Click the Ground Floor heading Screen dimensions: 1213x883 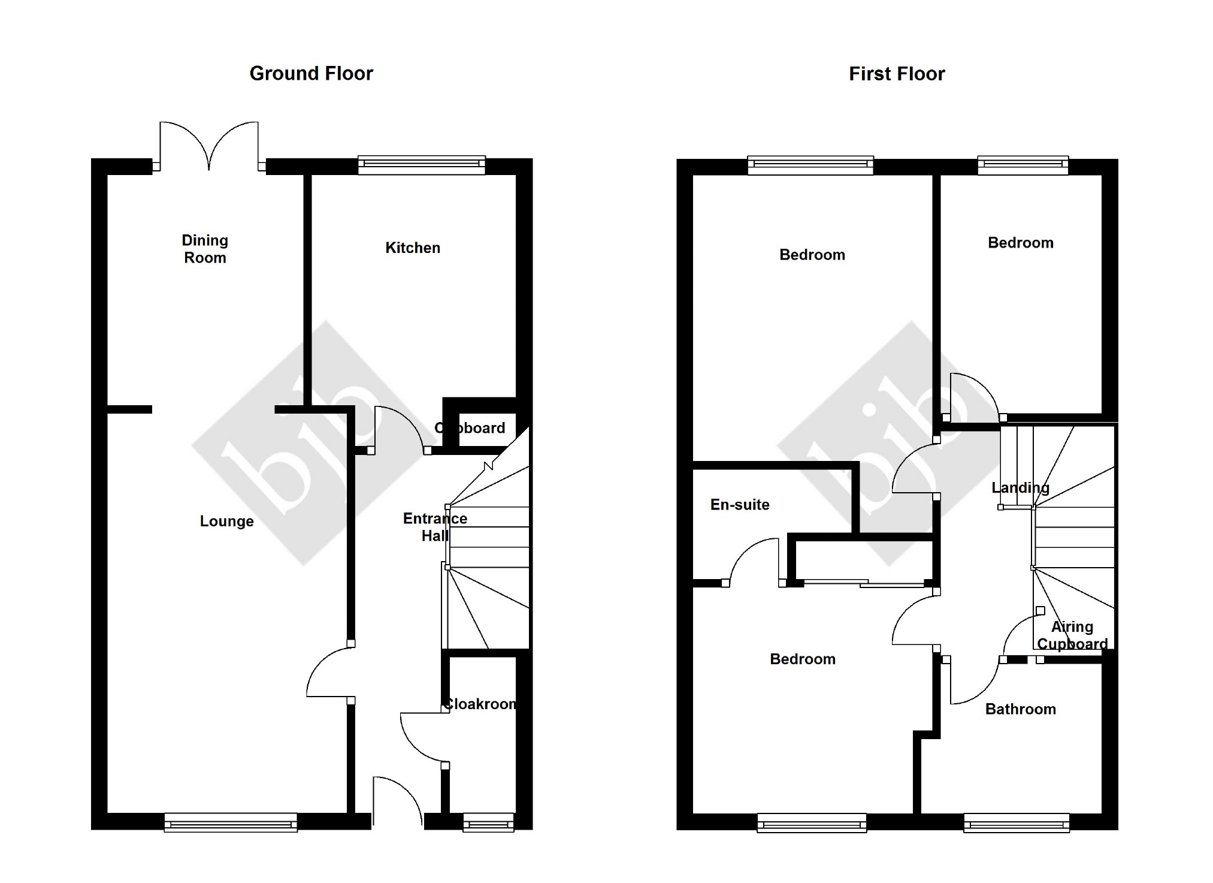point(311,73)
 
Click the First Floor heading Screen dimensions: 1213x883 point(896,74)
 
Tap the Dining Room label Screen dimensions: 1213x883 point(205,249)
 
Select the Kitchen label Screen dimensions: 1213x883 point(413,248)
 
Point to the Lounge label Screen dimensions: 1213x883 point(226,521)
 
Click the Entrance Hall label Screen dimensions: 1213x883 point(435,527)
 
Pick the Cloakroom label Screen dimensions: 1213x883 point(480,704)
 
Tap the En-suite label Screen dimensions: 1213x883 point(740,505)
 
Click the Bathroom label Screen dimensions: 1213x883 point(1020,709)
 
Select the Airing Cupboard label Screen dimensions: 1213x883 point(1072,635)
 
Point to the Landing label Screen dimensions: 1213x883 point(1020,487)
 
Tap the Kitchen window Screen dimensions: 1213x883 point(421,164)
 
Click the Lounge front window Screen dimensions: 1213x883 point(231,822)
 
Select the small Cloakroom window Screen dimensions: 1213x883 point(488,822)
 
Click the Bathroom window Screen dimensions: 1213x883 point(1016,823)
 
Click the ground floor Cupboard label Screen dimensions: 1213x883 point(470,428)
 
